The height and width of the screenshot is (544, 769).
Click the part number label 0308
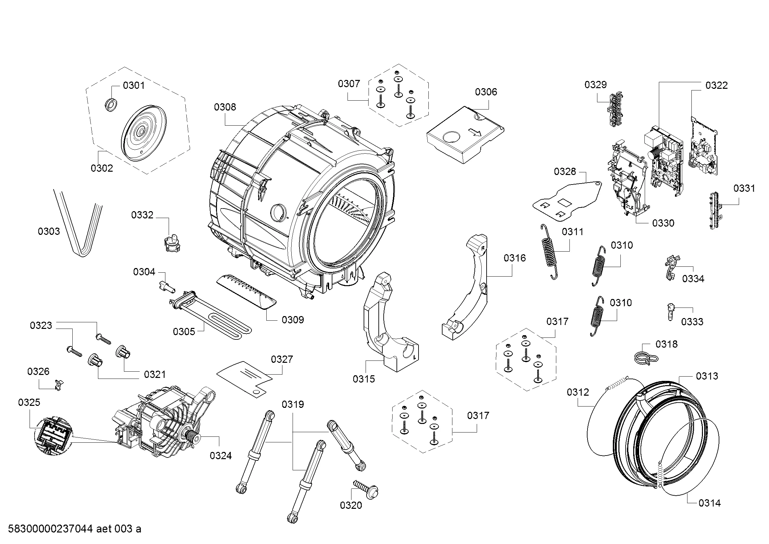coord(225,107)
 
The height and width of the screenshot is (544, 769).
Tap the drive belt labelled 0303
coord(78,223)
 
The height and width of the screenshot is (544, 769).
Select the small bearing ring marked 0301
coord(110,105)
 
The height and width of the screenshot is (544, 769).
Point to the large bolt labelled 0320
coord(366,490)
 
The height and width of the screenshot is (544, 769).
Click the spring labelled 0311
coord(549,252)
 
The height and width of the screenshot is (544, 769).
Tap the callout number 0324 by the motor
coord(221,456)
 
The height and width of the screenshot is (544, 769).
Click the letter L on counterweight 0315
coord(415,357)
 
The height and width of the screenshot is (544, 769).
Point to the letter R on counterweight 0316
coord(482,249)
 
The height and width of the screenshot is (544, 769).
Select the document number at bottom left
coord(74,529)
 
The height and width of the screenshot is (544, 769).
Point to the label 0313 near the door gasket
coord(707,376)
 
